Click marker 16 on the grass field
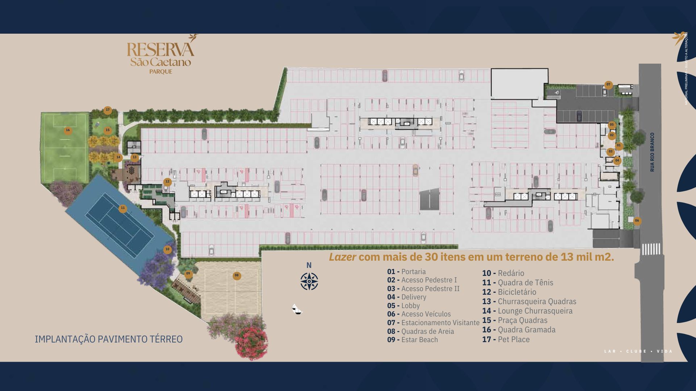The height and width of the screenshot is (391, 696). [68, 130]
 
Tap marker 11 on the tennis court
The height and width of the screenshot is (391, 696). [123, 209]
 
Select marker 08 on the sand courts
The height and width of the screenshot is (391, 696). [237, 276]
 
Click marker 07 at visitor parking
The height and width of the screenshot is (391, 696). [608, 85]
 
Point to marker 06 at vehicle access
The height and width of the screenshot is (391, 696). [637, 221]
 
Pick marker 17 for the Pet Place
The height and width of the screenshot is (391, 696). [108, 110]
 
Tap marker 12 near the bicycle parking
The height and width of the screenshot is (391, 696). [167, 182]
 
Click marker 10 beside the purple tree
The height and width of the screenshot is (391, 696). [167, 249]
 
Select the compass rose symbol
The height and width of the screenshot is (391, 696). [309, 282]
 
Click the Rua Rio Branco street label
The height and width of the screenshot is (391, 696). [652, 152]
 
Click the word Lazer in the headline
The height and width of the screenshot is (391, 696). [342, 257]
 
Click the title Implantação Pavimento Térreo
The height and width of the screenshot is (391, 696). [109, 339]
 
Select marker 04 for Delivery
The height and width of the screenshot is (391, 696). [617, 160]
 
